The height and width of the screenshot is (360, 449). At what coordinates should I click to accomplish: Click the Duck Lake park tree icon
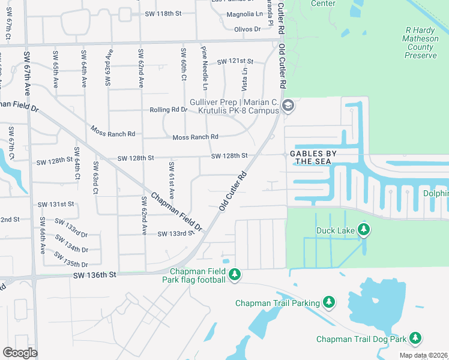(363, 230)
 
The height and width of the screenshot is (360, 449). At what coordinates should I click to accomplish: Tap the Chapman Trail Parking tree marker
(328, 302)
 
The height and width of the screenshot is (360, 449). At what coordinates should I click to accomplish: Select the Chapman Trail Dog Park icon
(415, 338)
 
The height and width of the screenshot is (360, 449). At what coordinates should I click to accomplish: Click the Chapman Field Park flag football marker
(235, 275)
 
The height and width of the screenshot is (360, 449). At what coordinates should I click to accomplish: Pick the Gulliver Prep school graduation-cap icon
(288, 106)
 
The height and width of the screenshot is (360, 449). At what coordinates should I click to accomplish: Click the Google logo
(20, 352)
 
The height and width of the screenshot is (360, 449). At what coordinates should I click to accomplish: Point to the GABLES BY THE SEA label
(313, 157)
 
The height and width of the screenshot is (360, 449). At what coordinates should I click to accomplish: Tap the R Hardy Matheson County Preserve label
(420, 42)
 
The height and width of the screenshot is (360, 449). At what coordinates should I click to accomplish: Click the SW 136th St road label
(94, 275)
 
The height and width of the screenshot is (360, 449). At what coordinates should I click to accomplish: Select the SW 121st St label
(235, 62)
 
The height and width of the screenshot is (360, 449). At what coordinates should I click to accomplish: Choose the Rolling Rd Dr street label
(169, 110)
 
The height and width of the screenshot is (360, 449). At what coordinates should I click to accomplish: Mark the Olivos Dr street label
(247, 29)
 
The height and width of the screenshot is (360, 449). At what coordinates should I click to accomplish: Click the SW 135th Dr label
(71, 259)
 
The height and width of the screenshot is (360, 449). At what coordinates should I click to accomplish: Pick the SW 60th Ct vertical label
(182, 67)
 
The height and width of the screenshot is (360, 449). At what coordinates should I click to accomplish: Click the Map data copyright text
(423, 355)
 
